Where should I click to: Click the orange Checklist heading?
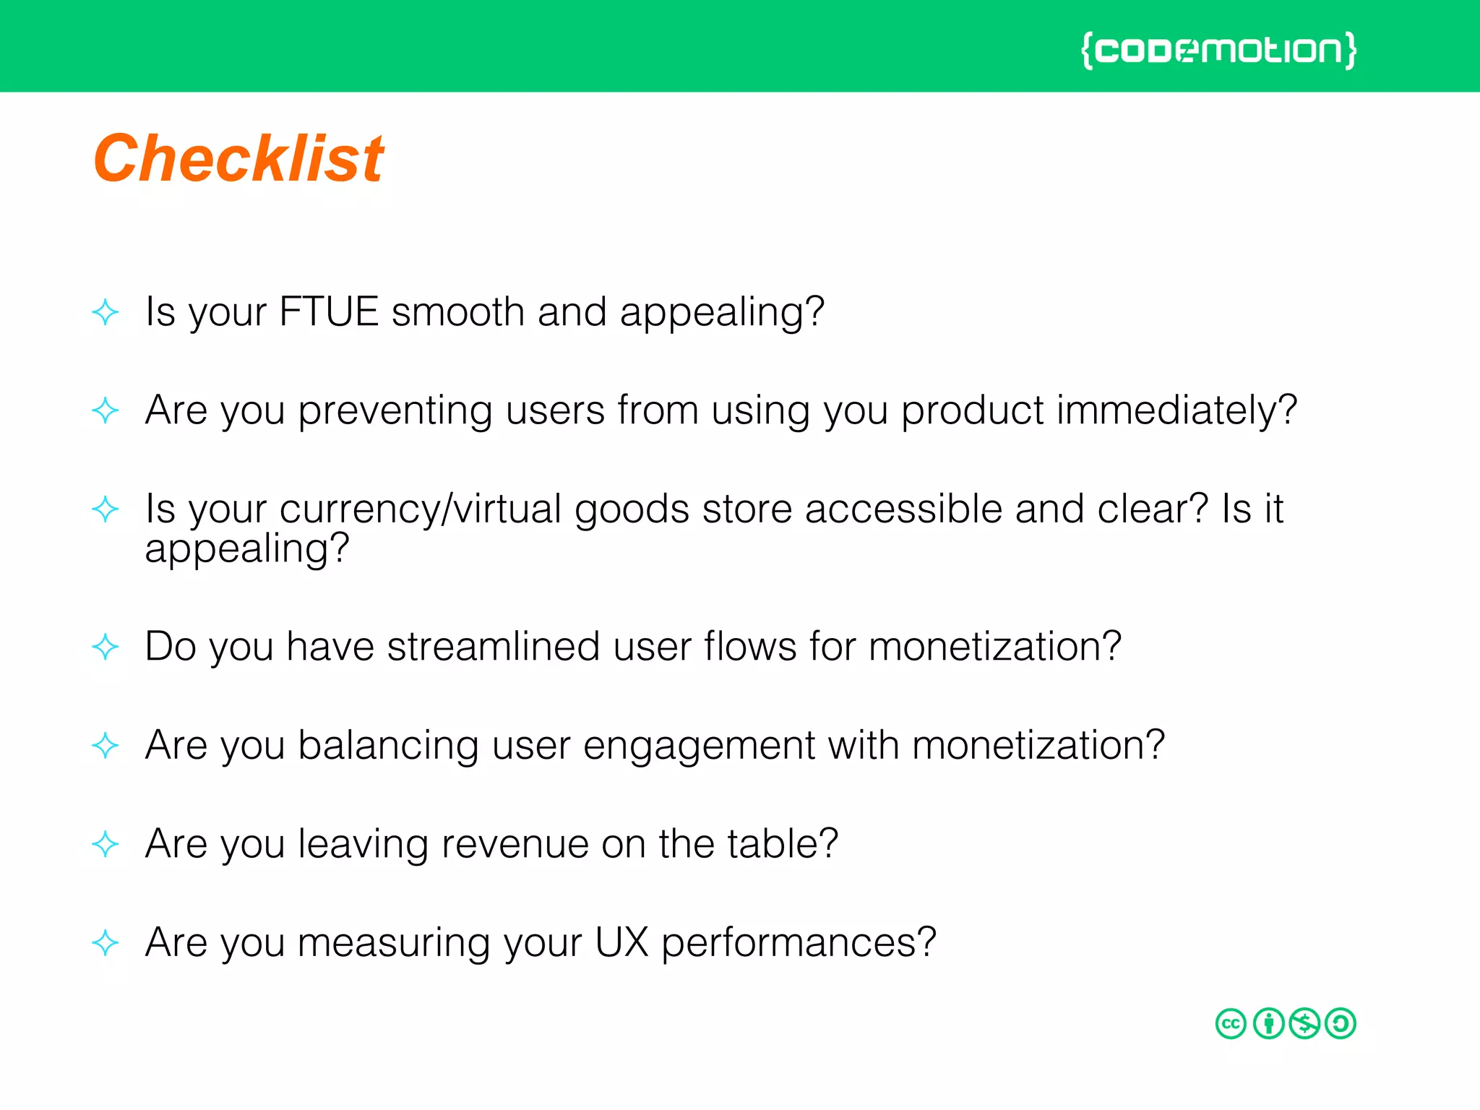[x=238, y=159]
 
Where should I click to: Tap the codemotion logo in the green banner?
[x=1218, y=51]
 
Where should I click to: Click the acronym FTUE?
[x=329, y=312]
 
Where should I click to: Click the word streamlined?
[x=494, y=646]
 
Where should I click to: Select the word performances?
[x=799, y=944]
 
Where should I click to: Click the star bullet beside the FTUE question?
[x=106, y=312]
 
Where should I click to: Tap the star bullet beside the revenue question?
[x=106, y=844]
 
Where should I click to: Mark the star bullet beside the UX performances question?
[x=106, y=942]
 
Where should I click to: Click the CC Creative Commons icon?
[x=1231, y=1023]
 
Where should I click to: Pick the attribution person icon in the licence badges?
[x=1268, y=1023]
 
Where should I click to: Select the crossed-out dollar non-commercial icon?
[x=1304, y=1023]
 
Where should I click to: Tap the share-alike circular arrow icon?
[x=1341, y=1023]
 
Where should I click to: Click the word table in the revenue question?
[x=781, y=844]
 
